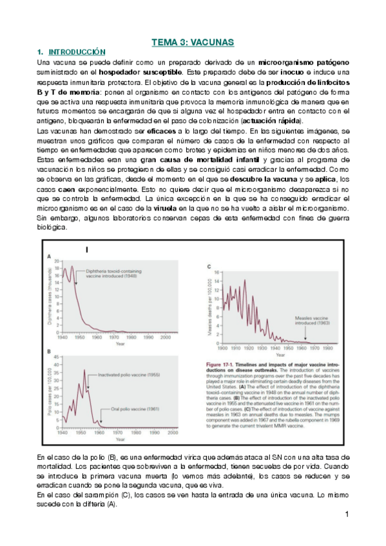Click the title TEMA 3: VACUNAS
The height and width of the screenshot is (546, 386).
193,42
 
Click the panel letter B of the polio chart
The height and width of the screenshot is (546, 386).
50,350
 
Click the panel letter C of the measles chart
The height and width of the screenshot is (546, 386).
209,265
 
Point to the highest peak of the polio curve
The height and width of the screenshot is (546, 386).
84,370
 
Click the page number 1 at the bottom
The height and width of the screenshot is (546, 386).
347,514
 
